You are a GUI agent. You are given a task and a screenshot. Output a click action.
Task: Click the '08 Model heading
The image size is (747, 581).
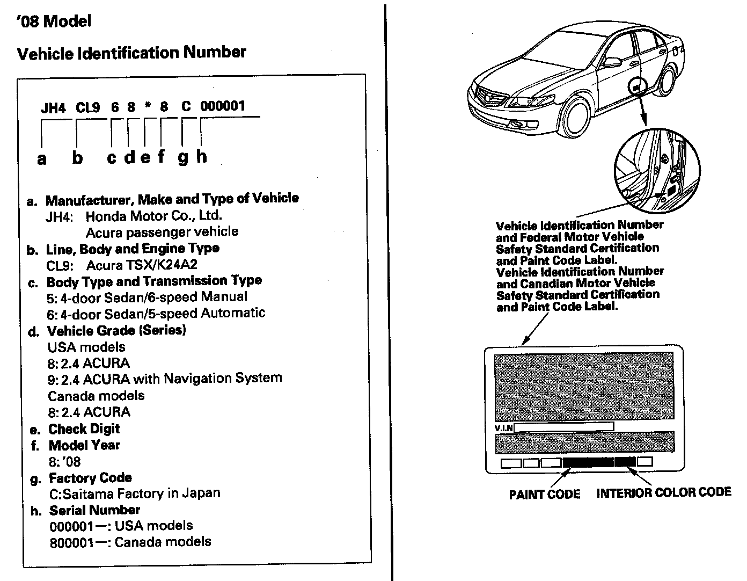54,21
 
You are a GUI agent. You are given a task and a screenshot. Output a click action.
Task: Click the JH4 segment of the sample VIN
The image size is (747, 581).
53,107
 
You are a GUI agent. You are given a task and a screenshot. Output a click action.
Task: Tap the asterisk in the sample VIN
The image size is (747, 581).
147,106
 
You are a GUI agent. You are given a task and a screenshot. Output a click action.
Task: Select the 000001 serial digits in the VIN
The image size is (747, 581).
223,106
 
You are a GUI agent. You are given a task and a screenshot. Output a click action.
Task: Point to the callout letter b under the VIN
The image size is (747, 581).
78,158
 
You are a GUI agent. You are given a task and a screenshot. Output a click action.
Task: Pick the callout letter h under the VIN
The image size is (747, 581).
201,156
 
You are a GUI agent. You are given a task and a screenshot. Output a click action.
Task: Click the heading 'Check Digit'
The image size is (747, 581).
84,429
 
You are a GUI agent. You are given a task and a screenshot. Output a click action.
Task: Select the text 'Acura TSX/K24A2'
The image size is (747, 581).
145,265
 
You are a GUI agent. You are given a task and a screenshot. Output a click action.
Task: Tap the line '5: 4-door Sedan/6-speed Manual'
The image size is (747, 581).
148,297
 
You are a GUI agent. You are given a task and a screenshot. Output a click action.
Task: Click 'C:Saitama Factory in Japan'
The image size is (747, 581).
135,493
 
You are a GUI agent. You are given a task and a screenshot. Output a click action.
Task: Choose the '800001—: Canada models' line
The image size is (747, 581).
130,542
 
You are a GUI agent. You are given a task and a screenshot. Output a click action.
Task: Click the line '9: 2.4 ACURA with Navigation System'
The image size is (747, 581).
165,379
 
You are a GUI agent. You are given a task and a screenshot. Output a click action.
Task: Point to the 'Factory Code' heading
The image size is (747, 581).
90,477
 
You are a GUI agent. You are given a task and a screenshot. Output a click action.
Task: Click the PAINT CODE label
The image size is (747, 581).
544,494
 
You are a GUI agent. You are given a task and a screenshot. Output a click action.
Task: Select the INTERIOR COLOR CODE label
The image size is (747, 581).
664,492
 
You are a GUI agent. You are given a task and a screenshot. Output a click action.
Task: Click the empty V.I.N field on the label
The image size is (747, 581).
563,427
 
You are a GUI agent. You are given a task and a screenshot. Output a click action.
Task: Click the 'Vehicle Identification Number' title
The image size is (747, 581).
131,53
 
